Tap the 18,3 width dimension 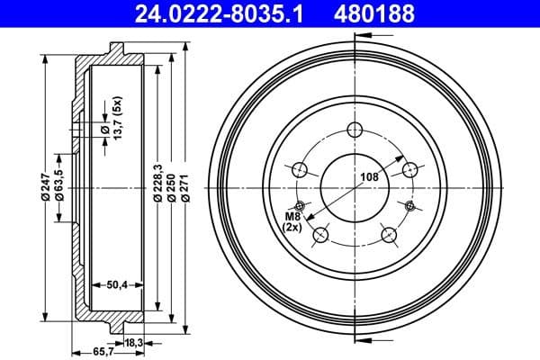[x=133, y=343]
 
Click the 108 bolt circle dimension [x=369, y=178]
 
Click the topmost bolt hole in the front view [x=354, y=128]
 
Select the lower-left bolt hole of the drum [x=319, y=236]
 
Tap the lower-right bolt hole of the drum [x=389, y=236]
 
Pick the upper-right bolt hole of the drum [x=410, y=169]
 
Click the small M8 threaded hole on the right [x=410, y=207]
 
